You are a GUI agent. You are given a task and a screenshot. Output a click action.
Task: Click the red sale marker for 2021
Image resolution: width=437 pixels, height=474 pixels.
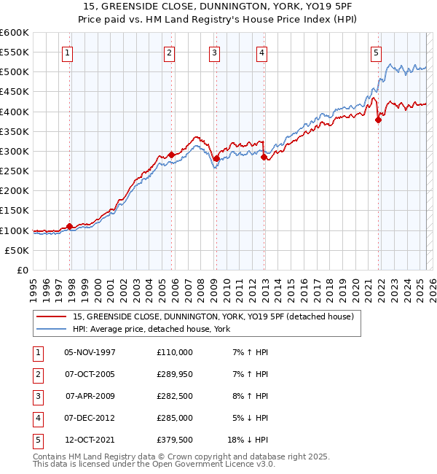pos(379,120)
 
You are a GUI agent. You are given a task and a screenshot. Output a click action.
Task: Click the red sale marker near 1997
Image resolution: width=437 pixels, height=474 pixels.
pos(69,226)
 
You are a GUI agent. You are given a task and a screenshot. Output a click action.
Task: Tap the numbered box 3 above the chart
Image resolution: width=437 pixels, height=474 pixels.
pos(215,52)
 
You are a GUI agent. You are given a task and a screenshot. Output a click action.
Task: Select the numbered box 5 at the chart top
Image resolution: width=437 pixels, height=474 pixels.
pos(376,52)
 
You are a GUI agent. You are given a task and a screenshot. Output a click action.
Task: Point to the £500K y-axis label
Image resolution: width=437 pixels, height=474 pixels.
pos(15,72)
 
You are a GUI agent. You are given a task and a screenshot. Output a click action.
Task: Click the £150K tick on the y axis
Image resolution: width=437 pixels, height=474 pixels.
pos(15,211)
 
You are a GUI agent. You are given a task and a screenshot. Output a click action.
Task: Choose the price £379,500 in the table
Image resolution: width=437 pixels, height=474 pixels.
pos(175,440)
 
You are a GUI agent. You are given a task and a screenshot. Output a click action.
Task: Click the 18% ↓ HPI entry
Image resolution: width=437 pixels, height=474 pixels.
pos(248,440)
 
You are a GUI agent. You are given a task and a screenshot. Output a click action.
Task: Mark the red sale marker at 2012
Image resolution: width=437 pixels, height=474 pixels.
pos(264,157)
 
